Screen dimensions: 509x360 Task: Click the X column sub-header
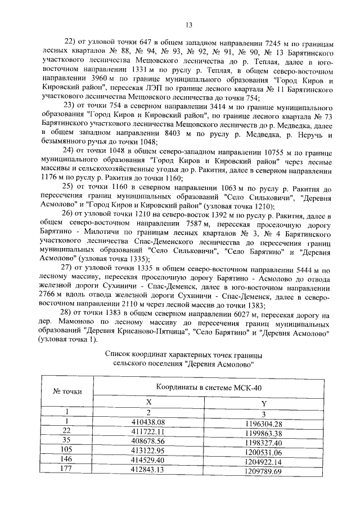[x=149, y=403]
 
